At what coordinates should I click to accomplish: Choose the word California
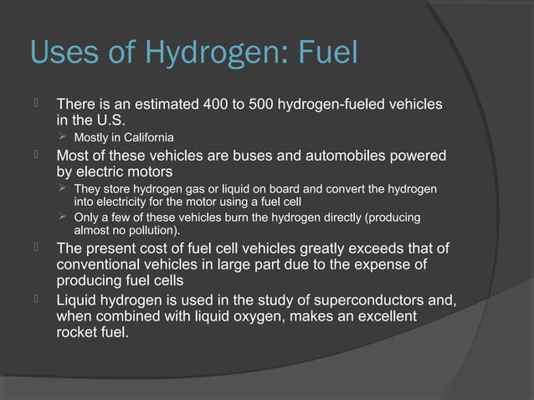click(146, 137)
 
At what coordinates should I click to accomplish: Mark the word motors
click(146, 172)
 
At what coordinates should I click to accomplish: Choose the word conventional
click(99, 265)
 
